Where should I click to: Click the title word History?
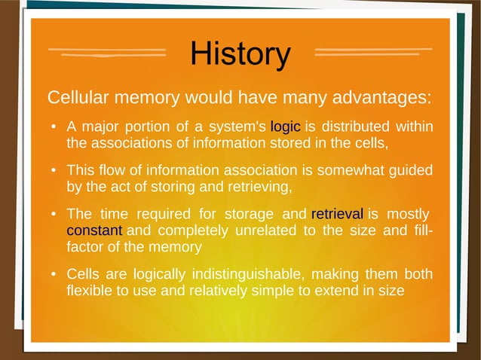click(240, 54)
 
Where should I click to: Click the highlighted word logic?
click(286, 126)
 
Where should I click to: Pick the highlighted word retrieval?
click(337, 213)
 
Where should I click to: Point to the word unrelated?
click(267, 230)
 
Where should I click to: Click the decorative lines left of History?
click(107, 53)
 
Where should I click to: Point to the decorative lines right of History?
click(372, 53)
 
